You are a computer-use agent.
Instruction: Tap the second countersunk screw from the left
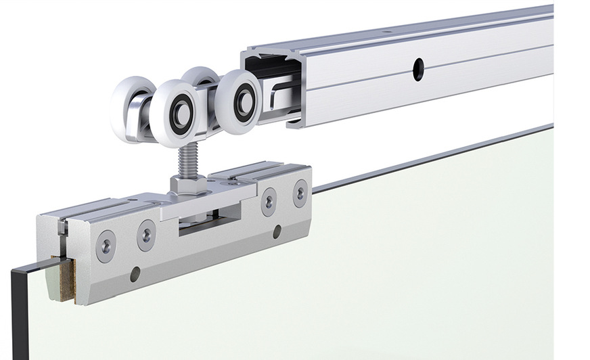[x=146, y=235]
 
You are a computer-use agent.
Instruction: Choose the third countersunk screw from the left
[x=269, y=201]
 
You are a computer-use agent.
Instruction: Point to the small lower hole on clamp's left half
[x=135, y=273]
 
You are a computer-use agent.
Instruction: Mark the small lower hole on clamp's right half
[x=277, y=232]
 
